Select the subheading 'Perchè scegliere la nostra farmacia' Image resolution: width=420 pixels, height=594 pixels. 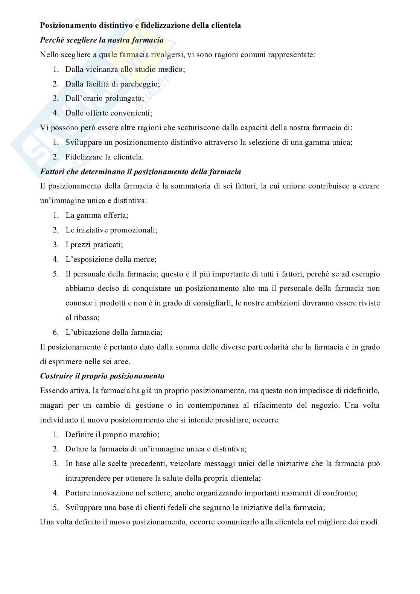click(102, 40)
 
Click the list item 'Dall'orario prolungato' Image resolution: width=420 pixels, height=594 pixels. click(105, 99)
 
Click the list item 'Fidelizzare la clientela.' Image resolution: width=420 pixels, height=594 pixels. click(104, 157)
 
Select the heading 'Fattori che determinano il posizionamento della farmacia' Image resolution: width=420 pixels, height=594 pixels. click(140, 172)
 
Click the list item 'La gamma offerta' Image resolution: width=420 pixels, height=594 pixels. click(97, 216)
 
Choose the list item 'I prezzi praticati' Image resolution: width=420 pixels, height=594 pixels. click(94, 245)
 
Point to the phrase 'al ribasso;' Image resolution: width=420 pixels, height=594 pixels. click(82, 318)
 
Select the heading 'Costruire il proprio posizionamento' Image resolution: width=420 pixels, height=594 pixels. click(102, 376)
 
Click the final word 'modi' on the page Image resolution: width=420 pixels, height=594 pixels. click(370, 522)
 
